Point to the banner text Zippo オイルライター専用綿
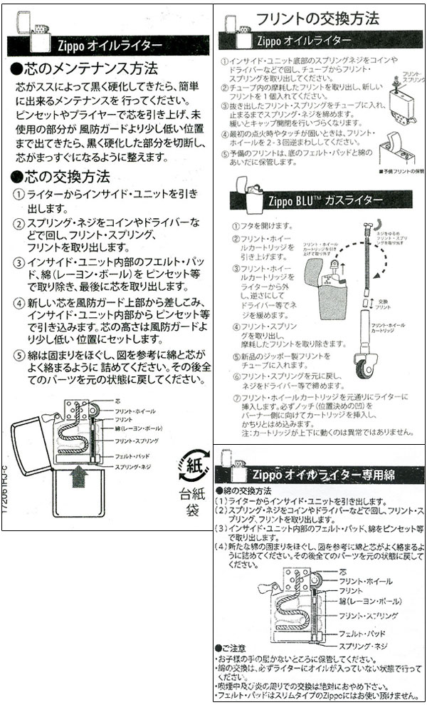coord(323,474)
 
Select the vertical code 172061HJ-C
coord(5,489)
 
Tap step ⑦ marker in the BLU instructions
coord(236,396)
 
